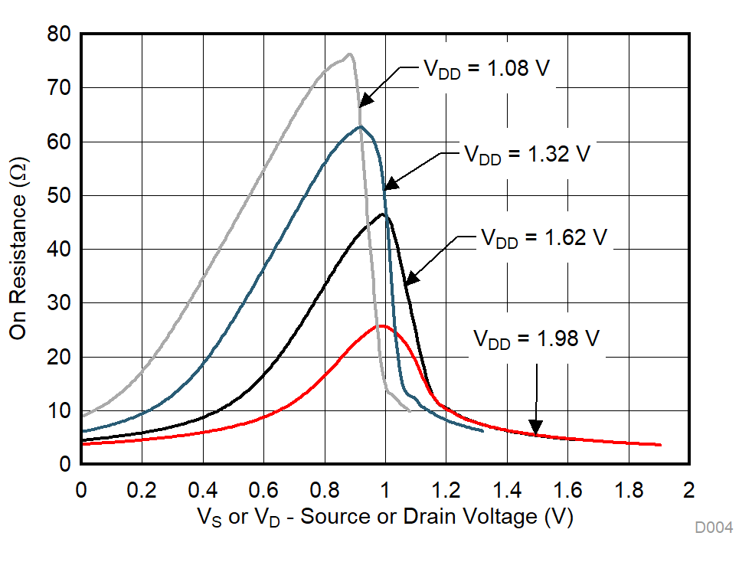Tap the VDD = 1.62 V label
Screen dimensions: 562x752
[544, 237]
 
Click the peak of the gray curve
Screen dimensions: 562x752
[349, 54]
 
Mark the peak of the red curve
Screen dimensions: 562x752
[380, 326]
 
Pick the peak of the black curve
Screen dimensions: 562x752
[383, 215]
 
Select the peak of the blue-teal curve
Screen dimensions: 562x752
[360, 126]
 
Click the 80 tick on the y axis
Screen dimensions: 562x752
[58, 34]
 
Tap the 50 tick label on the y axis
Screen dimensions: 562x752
[58, 196]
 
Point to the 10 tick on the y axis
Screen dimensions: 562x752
[58, 411]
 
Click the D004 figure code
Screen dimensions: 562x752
[714, 528]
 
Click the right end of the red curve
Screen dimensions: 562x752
[660, 445]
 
